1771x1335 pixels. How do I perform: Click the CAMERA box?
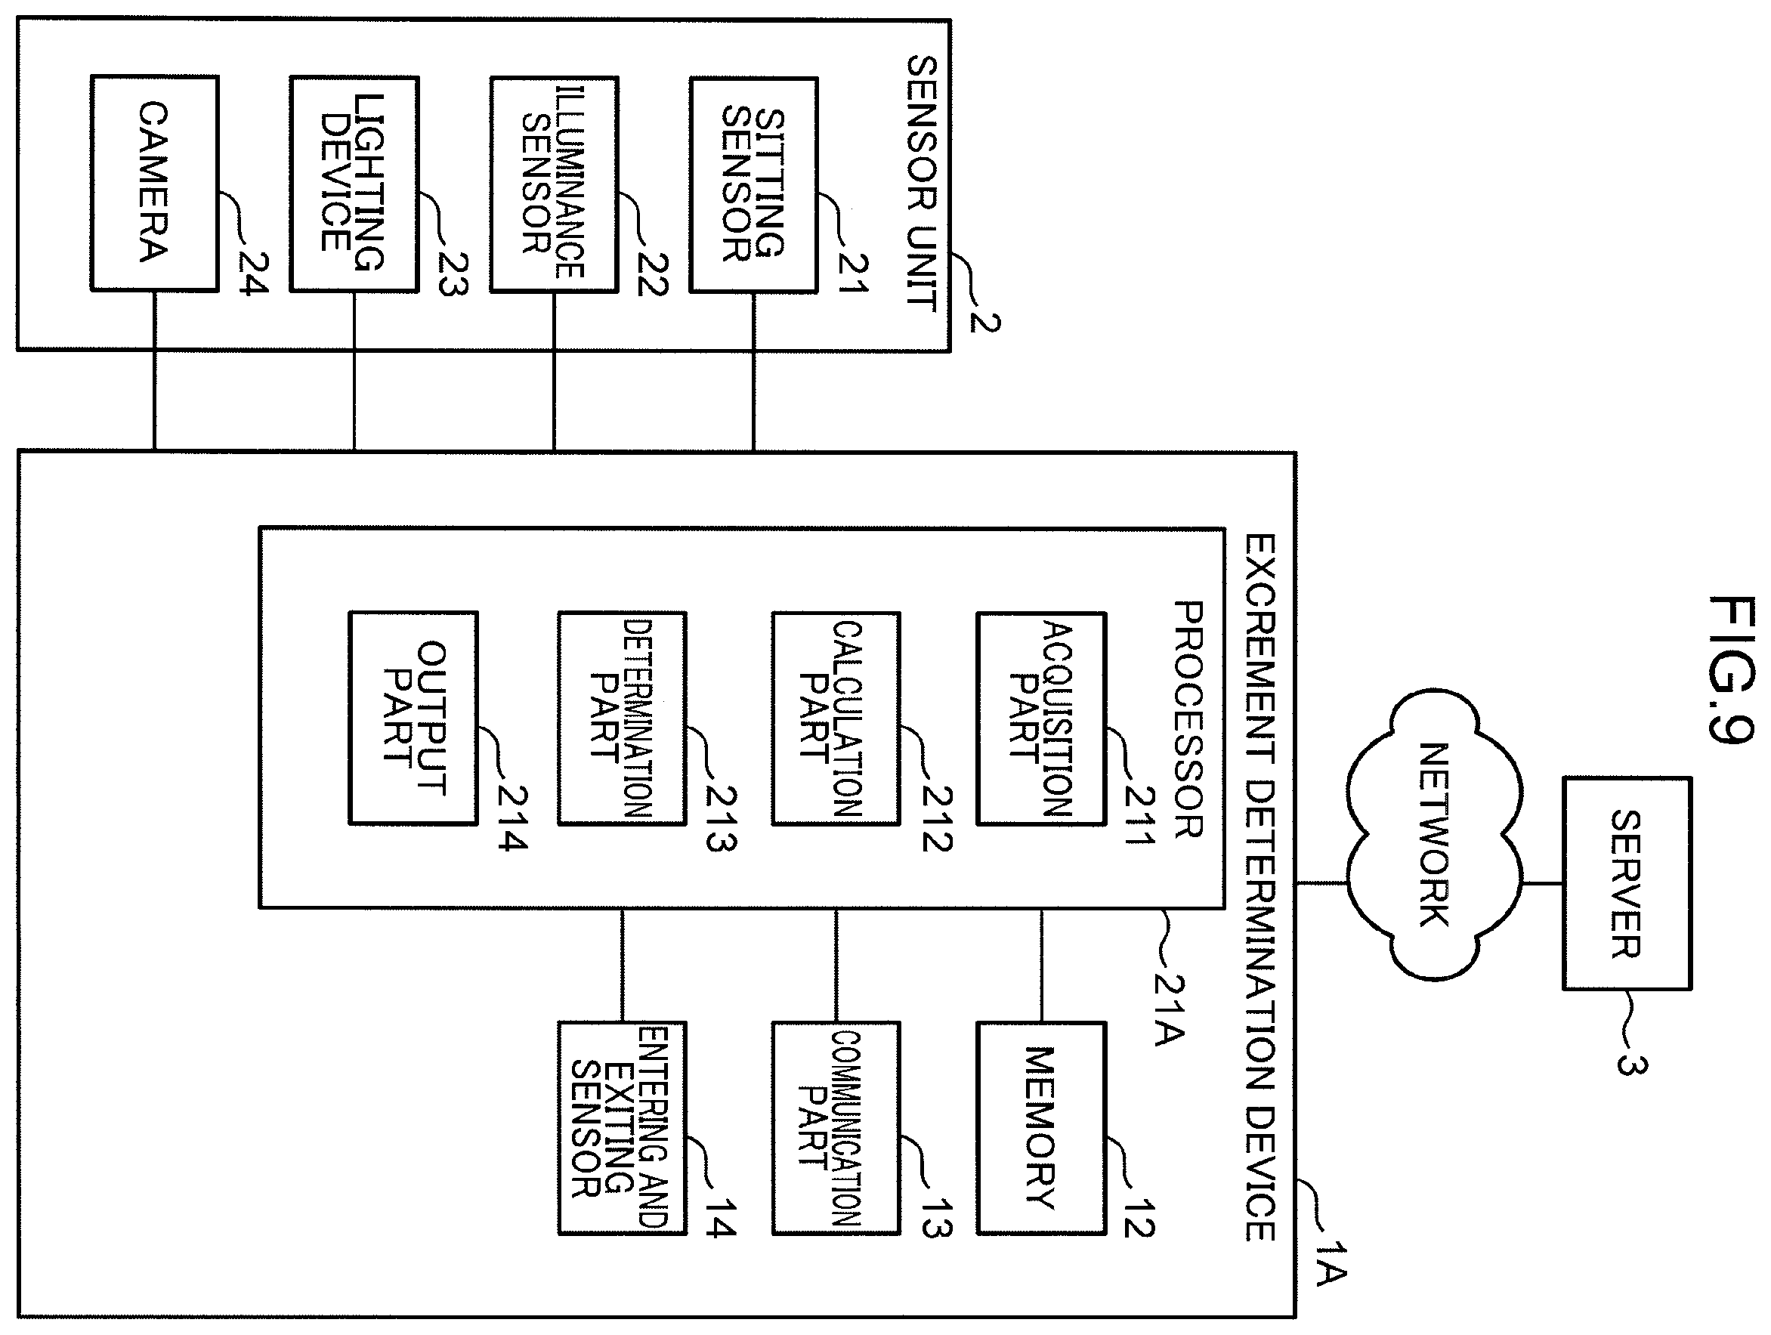coord(155,184)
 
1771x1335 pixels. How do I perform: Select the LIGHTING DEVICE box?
coord(354,184)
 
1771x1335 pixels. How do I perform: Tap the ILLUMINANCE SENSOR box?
coord(554,185)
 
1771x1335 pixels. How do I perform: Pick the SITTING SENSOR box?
coord(753,185)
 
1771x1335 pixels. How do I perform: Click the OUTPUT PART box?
coord(413,718)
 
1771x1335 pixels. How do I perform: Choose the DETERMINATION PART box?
coord(622,718)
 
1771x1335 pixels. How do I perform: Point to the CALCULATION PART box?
coord(836,718)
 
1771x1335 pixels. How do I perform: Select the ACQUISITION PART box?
coord(1041,718)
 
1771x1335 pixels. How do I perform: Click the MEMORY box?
coord(1041,1127)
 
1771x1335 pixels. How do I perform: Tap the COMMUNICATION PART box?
coord(836,1127)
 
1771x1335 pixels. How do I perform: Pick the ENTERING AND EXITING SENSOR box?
coord(622,1127)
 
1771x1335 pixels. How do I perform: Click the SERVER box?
coord(1627,883)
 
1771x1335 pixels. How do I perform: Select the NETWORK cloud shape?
coord(1434,835)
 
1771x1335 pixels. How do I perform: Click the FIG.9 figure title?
coord(1731,670)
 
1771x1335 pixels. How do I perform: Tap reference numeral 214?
coord(512,817)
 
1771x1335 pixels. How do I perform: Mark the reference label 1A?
coord(1331,1265)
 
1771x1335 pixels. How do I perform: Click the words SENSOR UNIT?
coord(921,184)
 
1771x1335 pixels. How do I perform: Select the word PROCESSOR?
coord(1188,719)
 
